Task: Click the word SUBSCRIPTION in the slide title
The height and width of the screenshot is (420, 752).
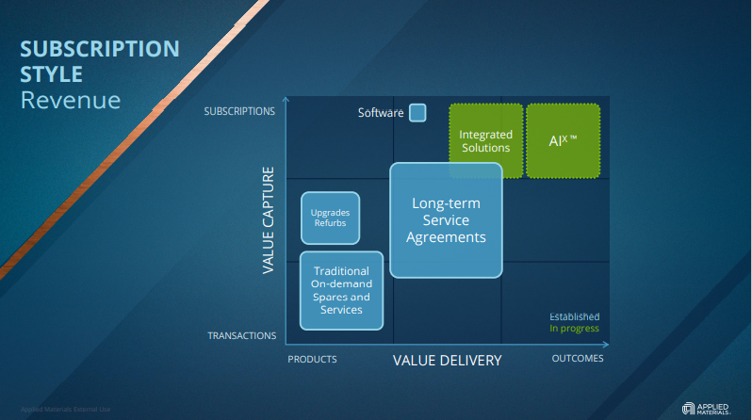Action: click(100, 49)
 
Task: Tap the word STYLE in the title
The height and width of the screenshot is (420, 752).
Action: click(52, 73)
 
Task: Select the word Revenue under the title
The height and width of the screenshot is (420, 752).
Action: click(71, 100)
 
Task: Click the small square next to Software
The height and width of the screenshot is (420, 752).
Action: click(417, 112)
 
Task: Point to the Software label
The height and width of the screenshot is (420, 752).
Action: click(381, 113)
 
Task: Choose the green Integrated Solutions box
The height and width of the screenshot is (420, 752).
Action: click(485, 140)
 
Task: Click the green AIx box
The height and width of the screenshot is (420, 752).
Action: click(563, 140)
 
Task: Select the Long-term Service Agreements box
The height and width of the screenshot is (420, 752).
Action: click(446, 220)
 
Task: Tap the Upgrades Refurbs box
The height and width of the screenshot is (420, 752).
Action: click(329, 218)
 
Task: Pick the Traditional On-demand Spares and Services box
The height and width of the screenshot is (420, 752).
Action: click(341, 290)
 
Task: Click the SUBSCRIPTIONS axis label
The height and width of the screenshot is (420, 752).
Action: click(239, 111)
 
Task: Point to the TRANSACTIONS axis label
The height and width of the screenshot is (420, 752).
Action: click(242, 335)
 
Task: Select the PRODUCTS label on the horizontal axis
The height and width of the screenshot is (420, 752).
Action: click(312, 359)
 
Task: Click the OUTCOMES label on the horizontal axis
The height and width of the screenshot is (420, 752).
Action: click(577, 358)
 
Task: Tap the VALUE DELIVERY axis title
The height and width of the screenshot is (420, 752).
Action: click(447, 360)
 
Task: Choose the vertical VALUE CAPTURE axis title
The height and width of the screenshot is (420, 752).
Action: click(269, 221)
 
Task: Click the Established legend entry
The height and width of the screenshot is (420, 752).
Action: click(575, 316)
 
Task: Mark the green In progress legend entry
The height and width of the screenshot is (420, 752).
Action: click(575, 329)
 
